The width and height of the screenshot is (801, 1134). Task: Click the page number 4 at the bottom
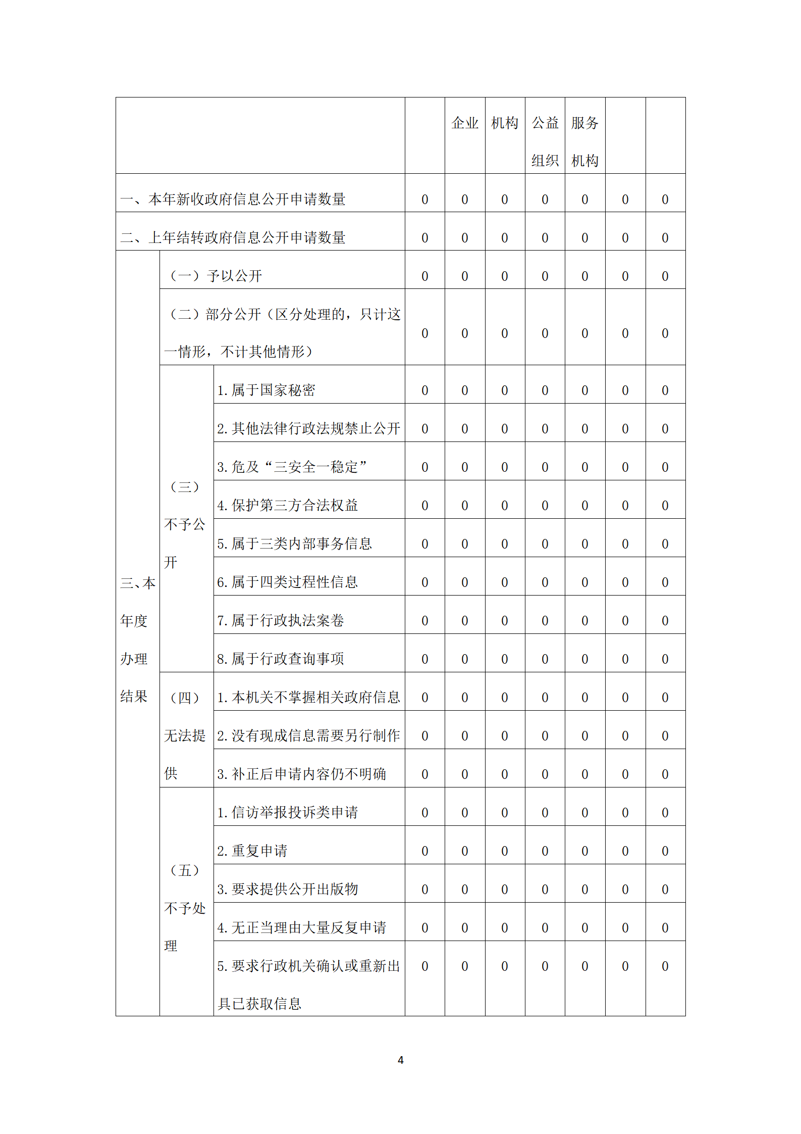click(x=400, y=1060)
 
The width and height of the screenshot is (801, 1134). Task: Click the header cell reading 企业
click(x=464, y=123)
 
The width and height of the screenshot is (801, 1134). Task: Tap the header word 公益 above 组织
click(x=545, y=123)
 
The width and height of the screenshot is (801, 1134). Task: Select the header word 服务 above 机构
click(x=584, y=123)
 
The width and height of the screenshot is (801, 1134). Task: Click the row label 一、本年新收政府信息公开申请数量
click(x=233, y=199)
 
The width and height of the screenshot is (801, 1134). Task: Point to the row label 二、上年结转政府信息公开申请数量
click(x=233, y=237)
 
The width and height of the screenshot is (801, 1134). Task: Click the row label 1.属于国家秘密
click(x=266, y=390)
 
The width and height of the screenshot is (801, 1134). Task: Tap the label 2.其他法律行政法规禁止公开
click(x=308, y=428)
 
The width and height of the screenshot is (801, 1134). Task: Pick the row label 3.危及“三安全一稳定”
click(x=292, y=467)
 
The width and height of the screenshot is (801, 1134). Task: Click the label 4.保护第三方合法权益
click(x=287, y=505)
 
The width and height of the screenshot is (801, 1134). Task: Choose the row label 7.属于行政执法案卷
click(x=280, y=620)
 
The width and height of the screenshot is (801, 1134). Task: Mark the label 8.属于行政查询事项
click(x=280, y=659)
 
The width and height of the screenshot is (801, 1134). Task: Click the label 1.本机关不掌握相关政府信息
click(x=308, y=697)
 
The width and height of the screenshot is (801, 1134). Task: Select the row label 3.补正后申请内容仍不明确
click(x=301, y=774)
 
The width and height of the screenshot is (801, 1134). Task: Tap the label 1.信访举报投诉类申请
click(x=287, y=812)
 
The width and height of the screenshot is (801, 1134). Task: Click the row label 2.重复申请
click(x=252, y=851)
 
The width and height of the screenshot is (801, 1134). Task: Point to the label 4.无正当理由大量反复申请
click(x=301, y=927)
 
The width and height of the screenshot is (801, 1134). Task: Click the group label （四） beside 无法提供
click(x=185, y=698)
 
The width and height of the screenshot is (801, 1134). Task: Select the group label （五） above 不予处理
click(x=185, y=870)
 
